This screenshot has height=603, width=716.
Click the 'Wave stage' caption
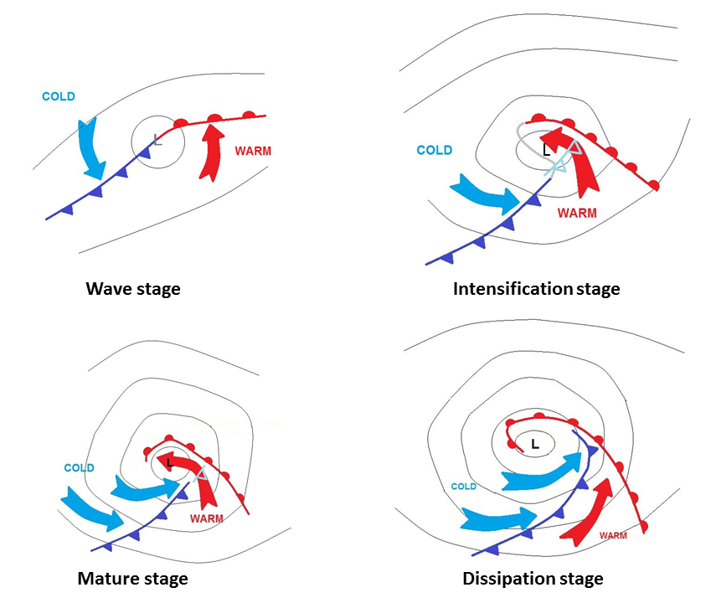tap(133, 290)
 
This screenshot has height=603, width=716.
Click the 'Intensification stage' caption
tap(536, 289)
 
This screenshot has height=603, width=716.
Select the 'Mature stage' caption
tap(132, 579)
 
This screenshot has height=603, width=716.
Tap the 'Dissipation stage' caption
tap(533, 579)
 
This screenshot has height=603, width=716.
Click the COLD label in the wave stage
tap(59, 96)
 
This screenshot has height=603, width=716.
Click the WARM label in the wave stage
tap(253, 152)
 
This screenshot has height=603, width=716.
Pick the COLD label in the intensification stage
tap(435, 151)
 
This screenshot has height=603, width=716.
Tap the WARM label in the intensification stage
tap(577, 214)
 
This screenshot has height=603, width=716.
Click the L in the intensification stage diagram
tap(546, 152)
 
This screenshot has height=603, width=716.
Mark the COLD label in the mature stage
tap(79, 468)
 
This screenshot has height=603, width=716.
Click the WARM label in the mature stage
tap(207, 518)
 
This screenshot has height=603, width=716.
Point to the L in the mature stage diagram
tap(170, 461)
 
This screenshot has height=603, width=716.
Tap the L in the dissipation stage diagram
tap(534, 444)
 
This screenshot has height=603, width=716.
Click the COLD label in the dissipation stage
tap(463, 487)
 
